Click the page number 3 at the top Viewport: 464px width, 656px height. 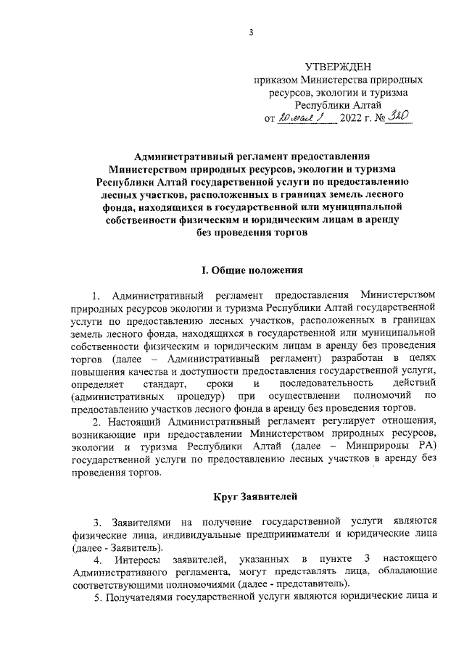pyautogui.click(x=250, y=31)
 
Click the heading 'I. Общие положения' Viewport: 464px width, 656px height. pyautogui.click(x=251, y=270)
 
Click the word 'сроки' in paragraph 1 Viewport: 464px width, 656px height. pyautogui.click(x=220, y=382)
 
